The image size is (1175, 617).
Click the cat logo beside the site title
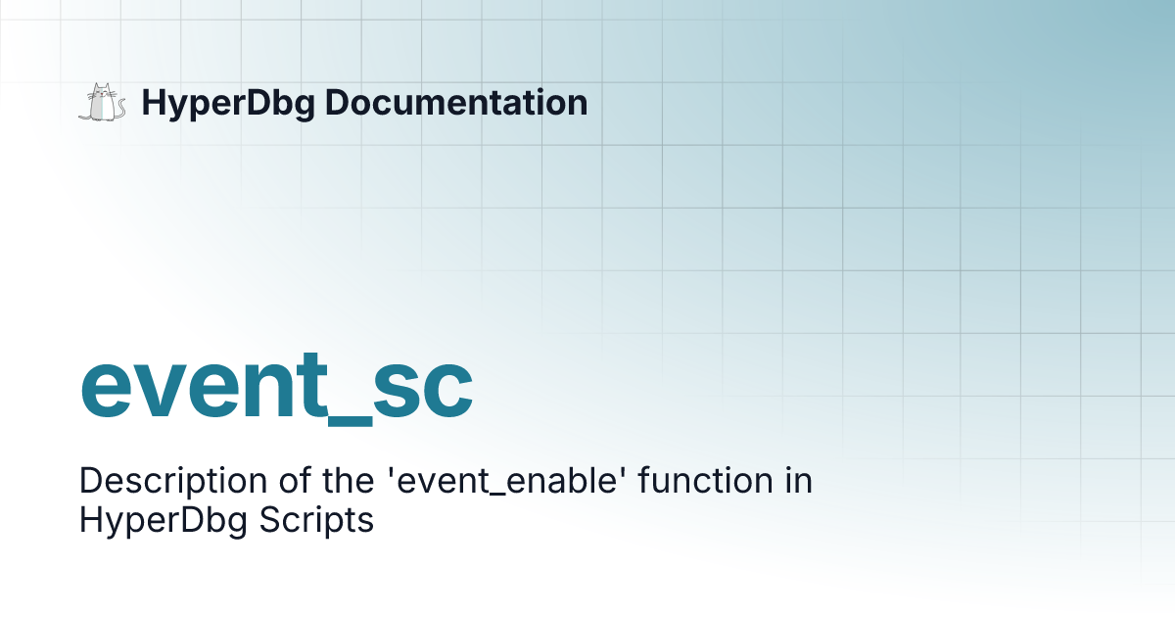coord(102,103)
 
